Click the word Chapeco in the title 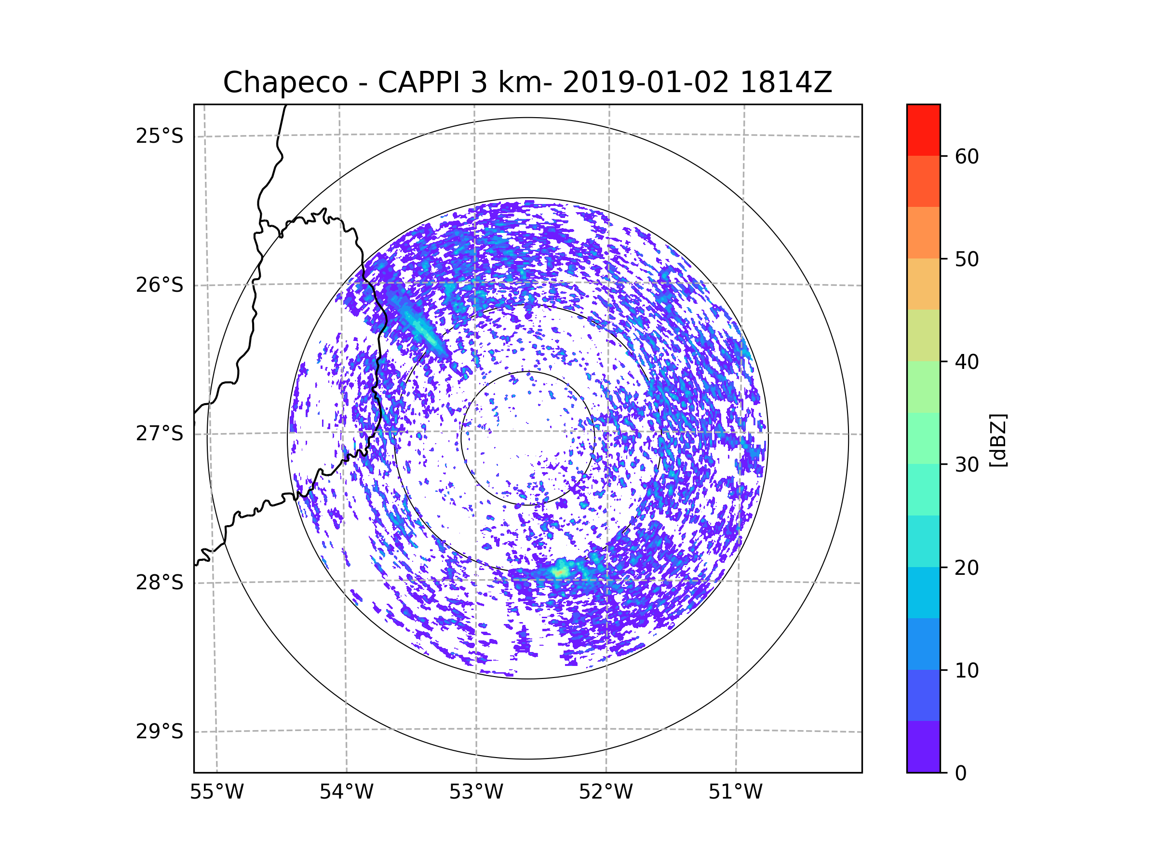click(x=285, y=82)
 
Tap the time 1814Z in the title click(x=786, y=82)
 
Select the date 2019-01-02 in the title click(x=646, y=82)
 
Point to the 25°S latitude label click(x=160, y=136)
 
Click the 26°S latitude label click(x=160, y=285)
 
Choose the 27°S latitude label click(x=160, y=434)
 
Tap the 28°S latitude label click(x=160, y=583)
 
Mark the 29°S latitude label click(x=160, y=732)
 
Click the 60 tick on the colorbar click(x=967, y=156)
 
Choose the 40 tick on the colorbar click(x=967, y=362)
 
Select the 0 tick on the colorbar click(x=961, y=773)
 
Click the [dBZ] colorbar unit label click(x=998, y=440)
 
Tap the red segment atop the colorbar click(x=923, y=130)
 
